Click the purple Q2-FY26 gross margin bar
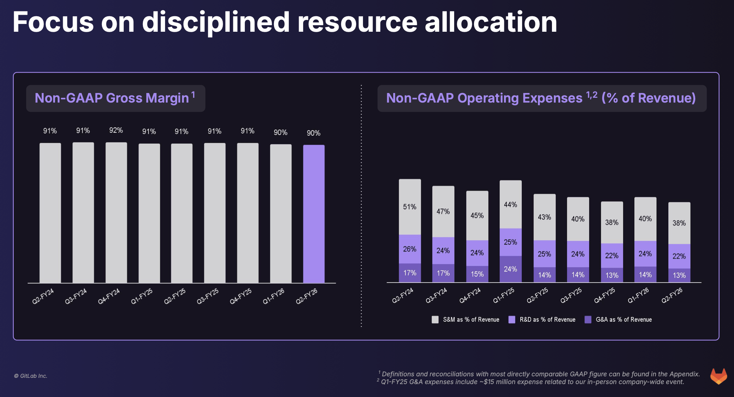click(x=314, y=214)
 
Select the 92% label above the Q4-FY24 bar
click(x=116, y=131)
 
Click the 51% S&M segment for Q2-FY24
click(x=410, y=207)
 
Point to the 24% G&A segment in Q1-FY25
click(x=511, y=269)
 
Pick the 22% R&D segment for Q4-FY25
click(x=612, y=256)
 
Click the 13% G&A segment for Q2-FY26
click(x=679, y=276)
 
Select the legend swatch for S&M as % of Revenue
click(x=435, y=320)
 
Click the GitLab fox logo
click(x=718, y=376)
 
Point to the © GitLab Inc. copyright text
click(x=31, y=376)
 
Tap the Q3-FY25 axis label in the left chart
click(x=208, y=296)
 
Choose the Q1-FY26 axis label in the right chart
click(x=638, y=296)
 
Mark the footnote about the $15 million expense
click(x=532, y=382)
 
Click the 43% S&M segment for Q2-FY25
click(x=544, y=217)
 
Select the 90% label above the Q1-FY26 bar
click(x=280, y=132)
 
